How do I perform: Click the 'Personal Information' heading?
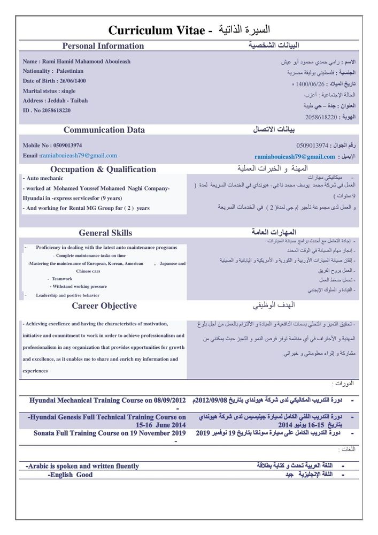pyautogui.click(x=103, y=46)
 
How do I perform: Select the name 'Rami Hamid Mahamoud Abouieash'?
pyautogui.click(x=86, y=62)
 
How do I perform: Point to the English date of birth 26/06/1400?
pyautogui.click(x=69, y=81)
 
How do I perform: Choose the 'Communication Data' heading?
pyautogui.click(x=104, y=129)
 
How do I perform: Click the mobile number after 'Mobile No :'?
pyautogui.click(x=67, y=145)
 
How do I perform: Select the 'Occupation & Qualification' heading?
pyautogui.click(x=103, y=170)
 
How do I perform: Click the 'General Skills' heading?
pyautogui.click(x=105, y=233)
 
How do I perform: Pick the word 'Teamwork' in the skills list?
pyautogui.click(x=62, y=279)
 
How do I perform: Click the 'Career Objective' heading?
pyautogui.click(x=104, y=306)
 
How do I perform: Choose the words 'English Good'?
pyautogui.click(x=71, y=475)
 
